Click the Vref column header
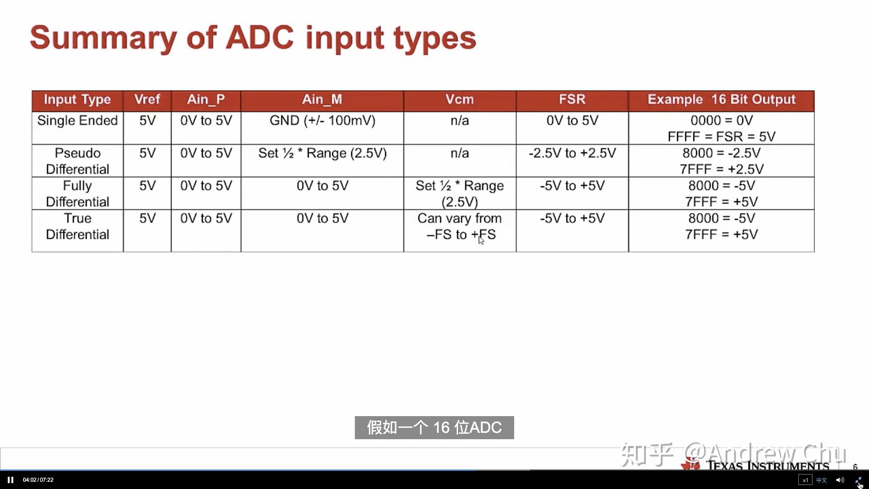(x=147, y=100)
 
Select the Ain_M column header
(x=322, y=100)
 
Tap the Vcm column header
(x=459, y=100)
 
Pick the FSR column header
(x=572, y=100)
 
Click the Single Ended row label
(x=77, y=120)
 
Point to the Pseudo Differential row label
(x=77, y=161)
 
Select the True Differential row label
(x=77, y=226)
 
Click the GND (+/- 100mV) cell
(x=322, y=120)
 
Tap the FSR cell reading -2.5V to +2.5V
(x=572, y=153)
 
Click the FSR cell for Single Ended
(x=572, y=120)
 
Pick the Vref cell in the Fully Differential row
(x=147, y=186)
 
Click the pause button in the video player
(x=10, y=480)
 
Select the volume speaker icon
(x=840, y=480)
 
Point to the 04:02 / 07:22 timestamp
(x=38, y=480)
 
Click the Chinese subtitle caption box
(x=434, y=427)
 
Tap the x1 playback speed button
(x=805, y=480)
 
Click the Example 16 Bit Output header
(x=721, y=100)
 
